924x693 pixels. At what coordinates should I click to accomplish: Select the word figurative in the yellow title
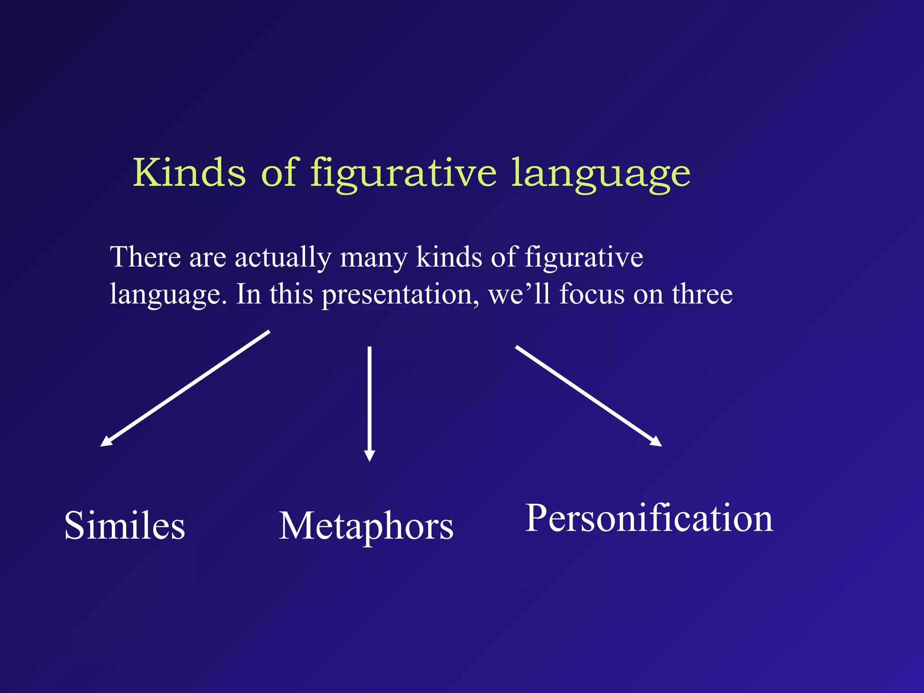[x=403, y=174]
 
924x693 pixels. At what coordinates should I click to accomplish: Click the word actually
[x=283, y=258]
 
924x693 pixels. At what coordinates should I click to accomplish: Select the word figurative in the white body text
[x=584, y=258]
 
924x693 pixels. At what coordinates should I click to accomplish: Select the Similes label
[x=125, y=526]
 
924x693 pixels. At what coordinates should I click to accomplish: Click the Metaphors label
[x=366, y=527]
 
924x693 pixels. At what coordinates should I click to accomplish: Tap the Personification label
[x=649, y=519]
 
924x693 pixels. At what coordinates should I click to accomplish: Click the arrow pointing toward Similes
[x=185, y=388]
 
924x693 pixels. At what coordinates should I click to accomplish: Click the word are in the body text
[x=208, y=258]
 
